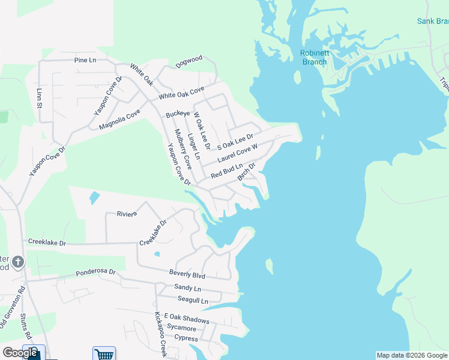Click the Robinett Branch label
[314, 57]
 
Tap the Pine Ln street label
[85, 60]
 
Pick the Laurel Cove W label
[238, 152]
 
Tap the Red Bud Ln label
[227, 170]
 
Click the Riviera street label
[127, 213]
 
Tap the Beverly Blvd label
[187, 275]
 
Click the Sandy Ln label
[187, 288]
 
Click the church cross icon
[18, 262]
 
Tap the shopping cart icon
[103, 354]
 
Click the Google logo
[19, 353]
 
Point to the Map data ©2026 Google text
[412, 355]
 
